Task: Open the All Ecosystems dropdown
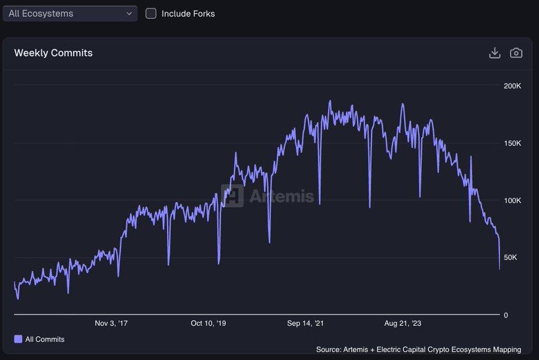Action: (69, 13)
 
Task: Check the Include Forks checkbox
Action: (151, 13)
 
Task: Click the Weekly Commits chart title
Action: (53, 53)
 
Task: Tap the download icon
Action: (495, 53)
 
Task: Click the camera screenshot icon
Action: (516, 53)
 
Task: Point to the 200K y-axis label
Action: (513, 86)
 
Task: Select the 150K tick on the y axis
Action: (513, 144)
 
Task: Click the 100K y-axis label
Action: (513, 201)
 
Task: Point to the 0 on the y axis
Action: (506, 315)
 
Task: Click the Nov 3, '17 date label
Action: (111, 323)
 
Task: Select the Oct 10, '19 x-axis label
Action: (208, 323)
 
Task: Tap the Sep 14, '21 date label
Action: (305, 323)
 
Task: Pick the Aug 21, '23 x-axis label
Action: (402, 323)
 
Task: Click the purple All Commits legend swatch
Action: (18, 339)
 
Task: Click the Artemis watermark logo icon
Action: (232, 196)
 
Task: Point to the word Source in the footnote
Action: (328, 349)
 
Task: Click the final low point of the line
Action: (499, 269)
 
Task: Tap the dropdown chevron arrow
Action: (129, 13)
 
